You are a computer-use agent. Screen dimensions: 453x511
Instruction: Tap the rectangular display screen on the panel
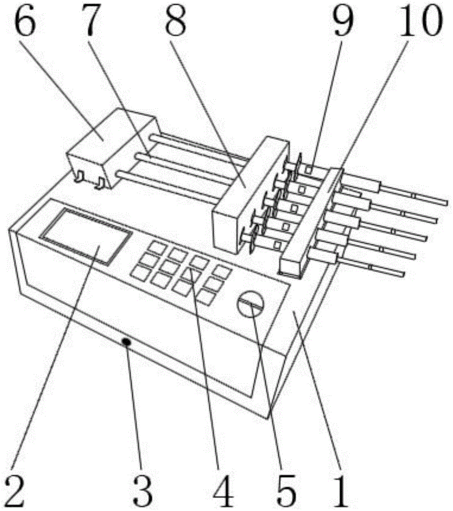click(85, 237)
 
